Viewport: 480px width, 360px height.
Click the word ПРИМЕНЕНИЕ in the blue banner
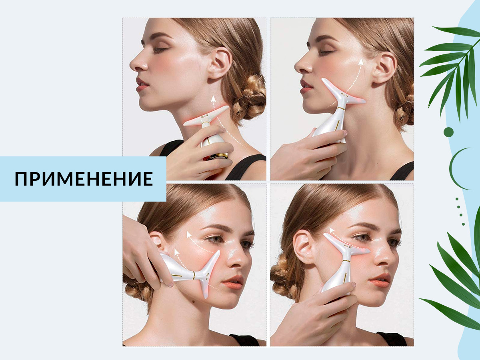[x=84, y=179]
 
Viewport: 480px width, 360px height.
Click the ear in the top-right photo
[x=385, y=68]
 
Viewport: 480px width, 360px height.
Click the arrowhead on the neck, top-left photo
[x=214, y=99]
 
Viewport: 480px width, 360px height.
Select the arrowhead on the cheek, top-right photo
[x=361, y=62]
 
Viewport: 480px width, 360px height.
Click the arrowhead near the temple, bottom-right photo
[x=332, y=230]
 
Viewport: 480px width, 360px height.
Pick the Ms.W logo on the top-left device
[x=204, y=117]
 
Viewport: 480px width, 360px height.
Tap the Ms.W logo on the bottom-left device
[x=207, y=276]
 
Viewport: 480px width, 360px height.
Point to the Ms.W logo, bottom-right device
[x=348, y=246]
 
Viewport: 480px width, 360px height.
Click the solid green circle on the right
[x=448, y=132]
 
